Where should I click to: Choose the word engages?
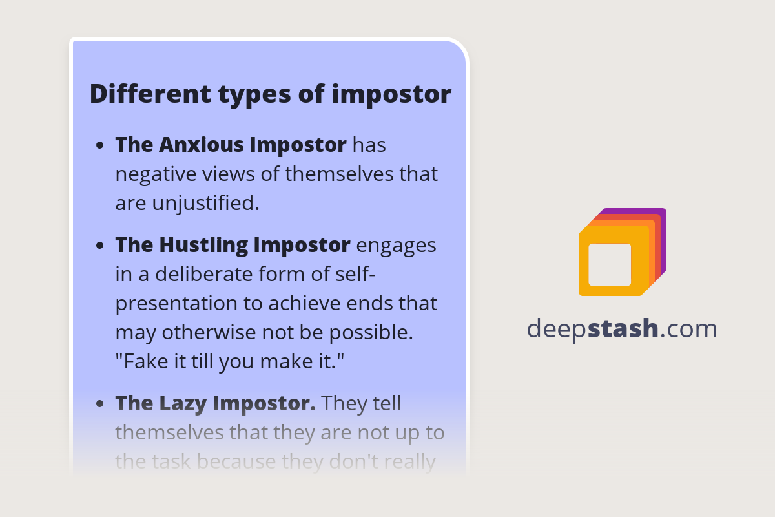[396, 246]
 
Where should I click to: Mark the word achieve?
[306, 303]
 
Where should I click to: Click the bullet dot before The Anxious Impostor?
[100, 145]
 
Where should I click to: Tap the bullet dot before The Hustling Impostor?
[100, 246]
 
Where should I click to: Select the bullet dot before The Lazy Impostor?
[100, 404]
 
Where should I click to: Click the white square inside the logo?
[610, 264]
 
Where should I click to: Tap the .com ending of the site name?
[689, 329]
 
